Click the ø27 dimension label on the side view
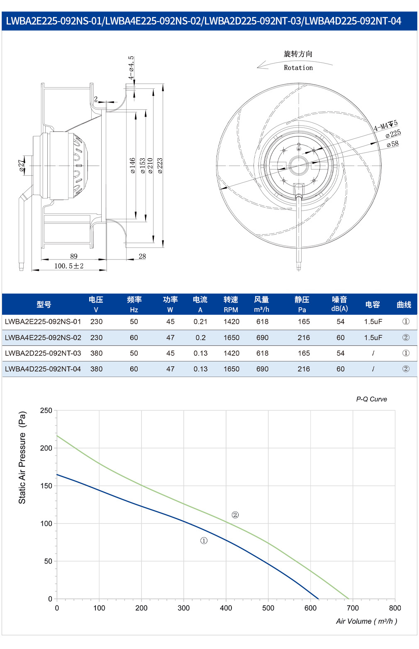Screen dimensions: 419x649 22,165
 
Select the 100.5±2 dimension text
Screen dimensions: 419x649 69,266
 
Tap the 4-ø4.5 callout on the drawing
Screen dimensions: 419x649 131,68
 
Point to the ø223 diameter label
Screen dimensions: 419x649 160,166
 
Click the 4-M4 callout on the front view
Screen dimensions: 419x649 385,125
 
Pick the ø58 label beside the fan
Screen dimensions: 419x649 392,144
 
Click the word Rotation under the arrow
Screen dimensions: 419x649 298,68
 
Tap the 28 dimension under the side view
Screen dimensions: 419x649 142,256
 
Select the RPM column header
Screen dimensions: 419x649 231,310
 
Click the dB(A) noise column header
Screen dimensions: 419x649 339,309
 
